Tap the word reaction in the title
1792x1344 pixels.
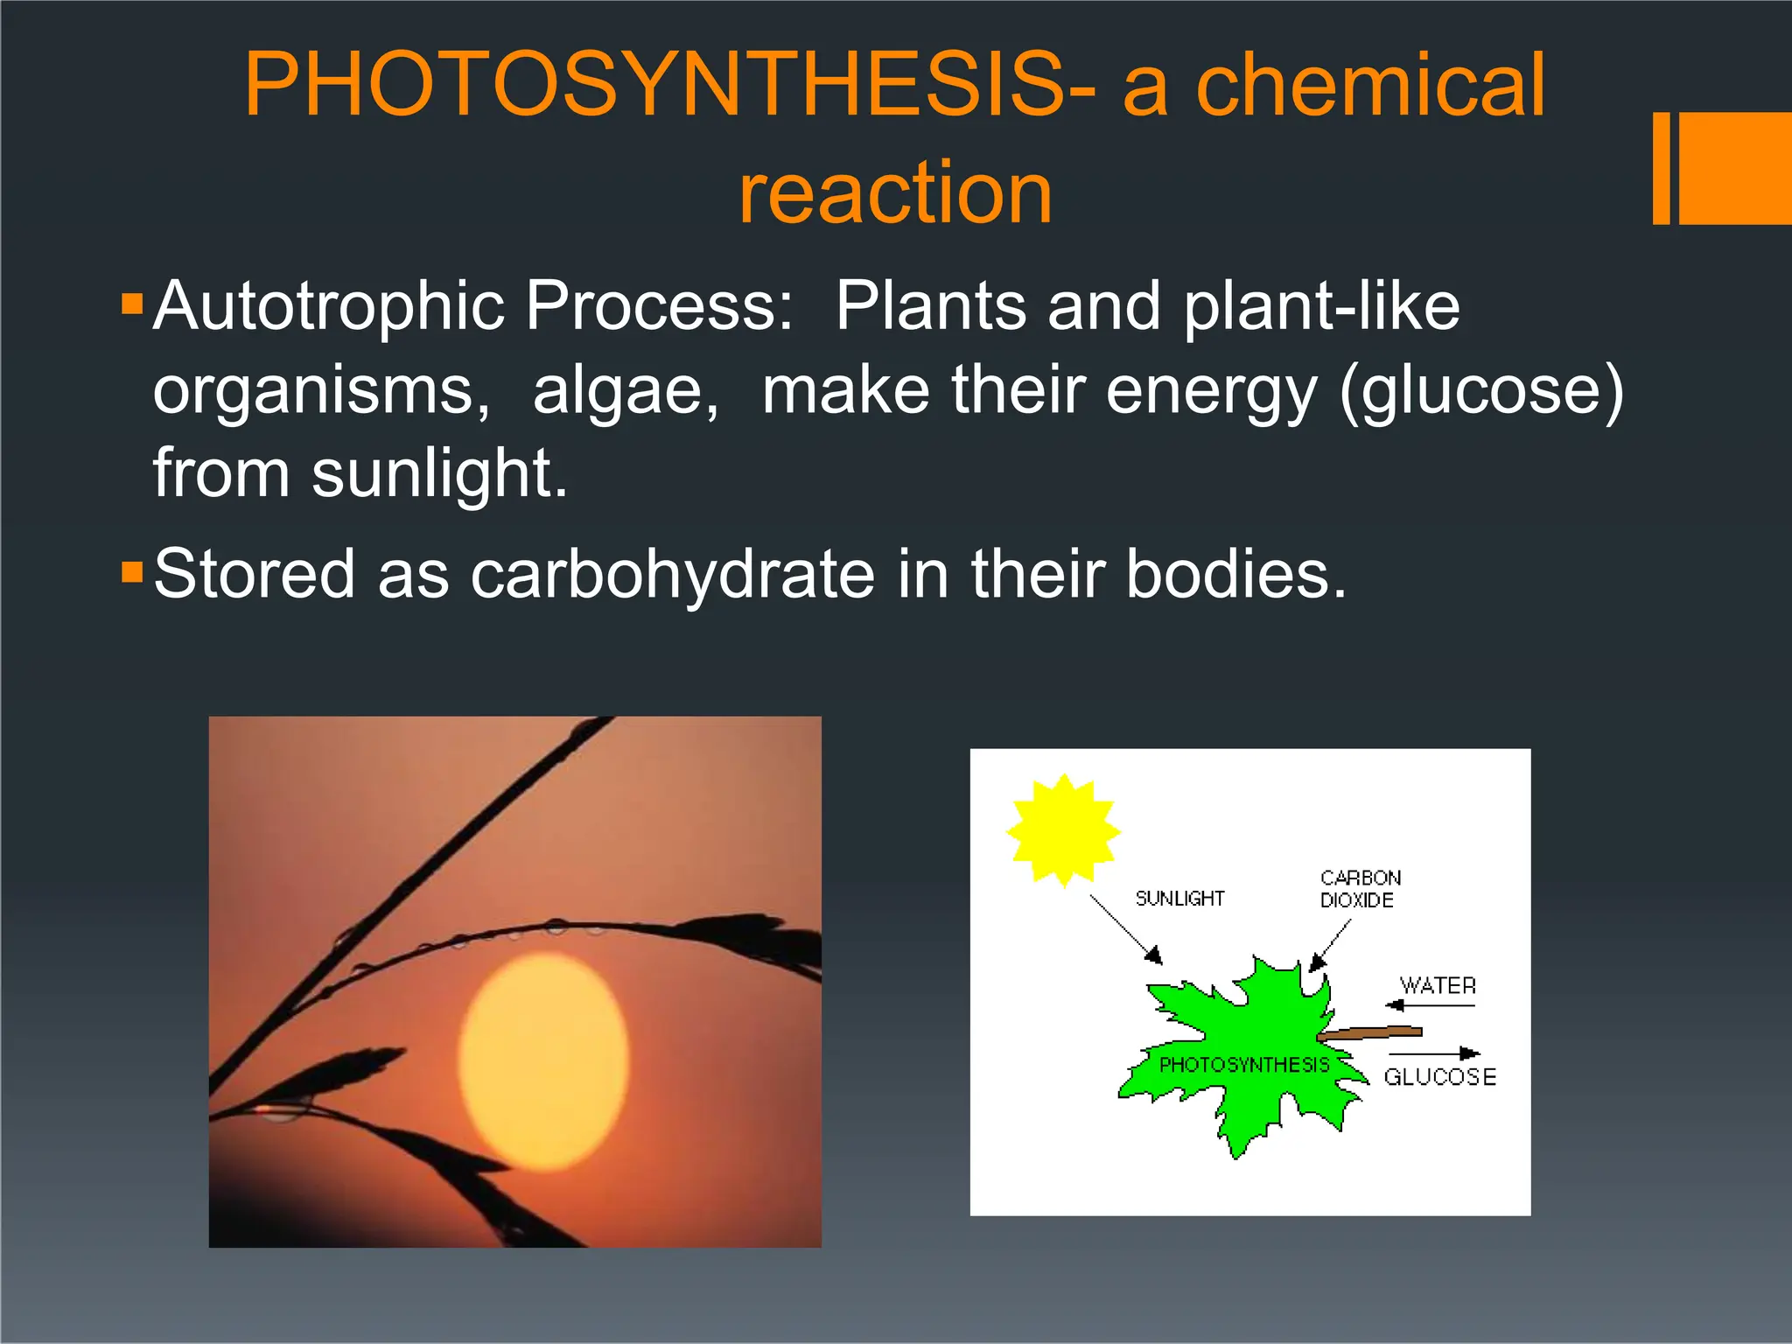[895, 192]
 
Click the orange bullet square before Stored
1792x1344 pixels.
[132, 573]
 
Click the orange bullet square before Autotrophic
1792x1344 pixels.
[132, 305]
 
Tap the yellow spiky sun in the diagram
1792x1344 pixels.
[1062, 829]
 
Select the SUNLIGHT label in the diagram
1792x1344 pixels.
[1179, 899]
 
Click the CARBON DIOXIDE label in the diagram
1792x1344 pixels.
[1359, 889]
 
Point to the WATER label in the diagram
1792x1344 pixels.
[1438, 986]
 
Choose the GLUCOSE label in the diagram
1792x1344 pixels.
[1439, 1077]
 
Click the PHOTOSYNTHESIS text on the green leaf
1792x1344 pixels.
[1243, 1065]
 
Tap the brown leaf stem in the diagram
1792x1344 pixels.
[1369, 1033]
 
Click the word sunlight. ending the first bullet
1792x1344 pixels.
[439, 474]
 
